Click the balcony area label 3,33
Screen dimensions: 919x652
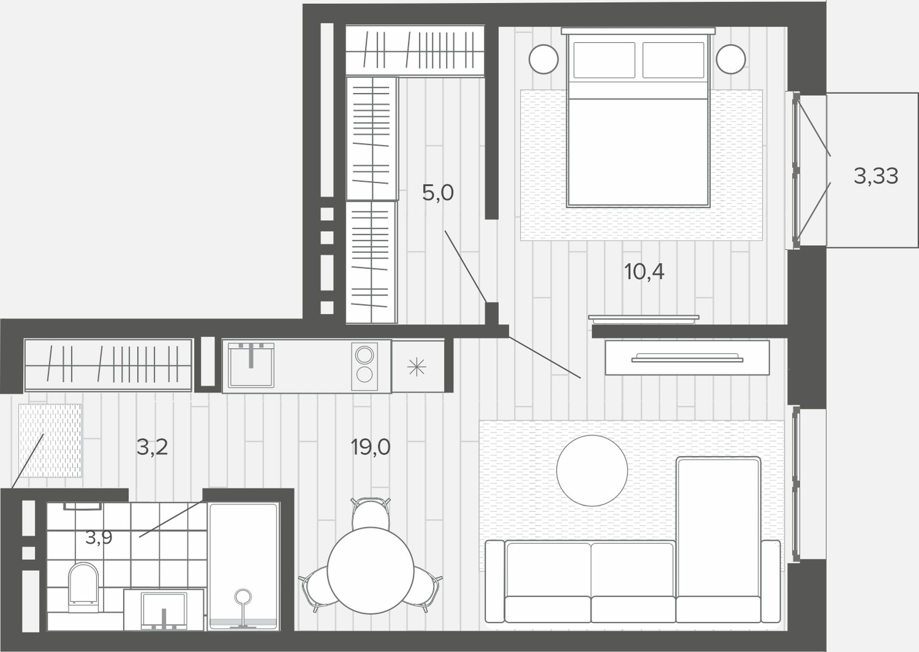tap(876, 177)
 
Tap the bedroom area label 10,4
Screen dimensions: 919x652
tap(644, 272)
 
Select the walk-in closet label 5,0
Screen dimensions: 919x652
tap(437, 193)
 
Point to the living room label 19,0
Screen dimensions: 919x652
tap(370, 447)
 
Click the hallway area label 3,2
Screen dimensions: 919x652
tap(152, 447)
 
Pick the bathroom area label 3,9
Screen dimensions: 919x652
tap(99, 538)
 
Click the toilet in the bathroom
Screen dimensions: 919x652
tap(84, 587)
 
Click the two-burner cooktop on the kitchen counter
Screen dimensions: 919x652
tap(364, 365)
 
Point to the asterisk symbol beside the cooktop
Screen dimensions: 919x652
tap(416, 367)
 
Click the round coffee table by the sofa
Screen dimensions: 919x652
tap(592, 471)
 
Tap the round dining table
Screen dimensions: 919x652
tap(370, 570)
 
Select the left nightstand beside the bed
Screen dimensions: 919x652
tap(544, 59)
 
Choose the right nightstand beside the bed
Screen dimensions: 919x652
tap(731, 59)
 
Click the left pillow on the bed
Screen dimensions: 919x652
tap(604, 60)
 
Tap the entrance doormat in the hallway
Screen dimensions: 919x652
tap(50, 441)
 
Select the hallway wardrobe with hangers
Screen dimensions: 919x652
tap(109, 365)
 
